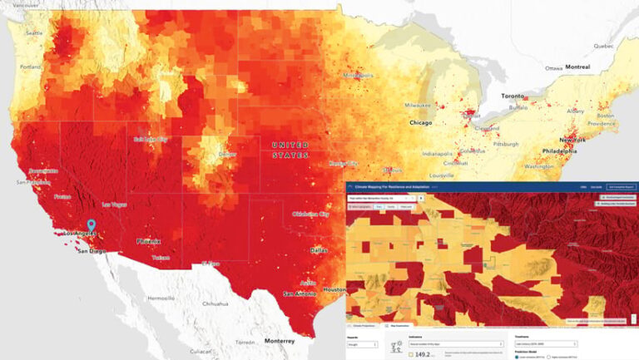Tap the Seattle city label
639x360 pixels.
click(34, 33)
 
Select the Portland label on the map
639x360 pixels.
click(31, 67)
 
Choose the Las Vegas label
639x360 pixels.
click(115, 204)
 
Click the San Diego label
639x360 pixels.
click(92, 250)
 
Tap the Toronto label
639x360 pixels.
click(513, 96)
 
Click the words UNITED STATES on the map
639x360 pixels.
click(290, 150)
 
